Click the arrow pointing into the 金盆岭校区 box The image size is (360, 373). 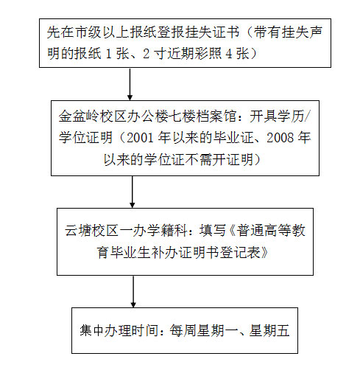tap(130, 84)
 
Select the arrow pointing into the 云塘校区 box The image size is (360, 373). tap(133, 192)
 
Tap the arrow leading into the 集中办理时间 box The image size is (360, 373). tap(133, 291)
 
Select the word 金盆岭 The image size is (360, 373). tap(79, 116)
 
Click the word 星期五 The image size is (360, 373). tap(269, 330)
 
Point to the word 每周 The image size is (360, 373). tap(183, 330)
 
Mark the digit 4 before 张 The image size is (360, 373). tap(229, 54)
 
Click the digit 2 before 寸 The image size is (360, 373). tap(146, 54)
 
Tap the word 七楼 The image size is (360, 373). tap(181, 116)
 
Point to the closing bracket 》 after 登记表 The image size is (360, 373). tap(264, 252)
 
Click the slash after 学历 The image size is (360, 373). tap(307, 116)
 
